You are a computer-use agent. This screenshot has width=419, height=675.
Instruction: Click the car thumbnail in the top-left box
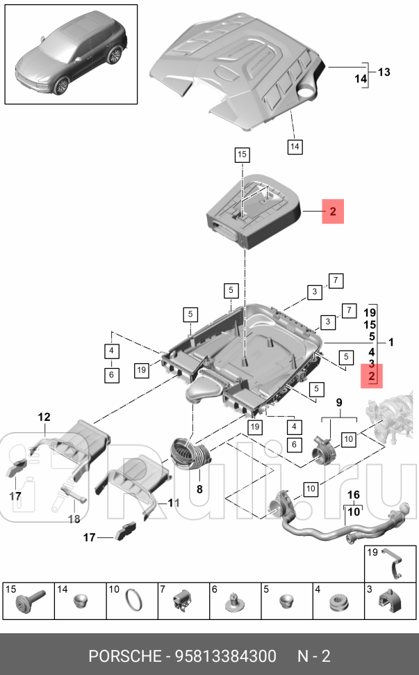(x=72, y=54)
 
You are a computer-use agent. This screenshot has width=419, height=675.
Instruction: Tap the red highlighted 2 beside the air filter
(x=333, y=212)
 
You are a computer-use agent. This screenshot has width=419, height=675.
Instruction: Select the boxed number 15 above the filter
(x=242, y=154)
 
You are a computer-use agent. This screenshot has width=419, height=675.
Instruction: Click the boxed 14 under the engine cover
(x=295, y=146)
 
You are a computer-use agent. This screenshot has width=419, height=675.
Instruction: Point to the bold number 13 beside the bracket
(x=384, y=72)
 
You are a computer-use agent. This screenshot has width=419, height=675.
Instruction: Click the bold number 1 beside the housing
(x=391, y=342)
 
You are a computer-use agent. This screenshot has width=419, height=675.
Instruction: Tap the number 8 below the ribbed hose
(x=199, y=489)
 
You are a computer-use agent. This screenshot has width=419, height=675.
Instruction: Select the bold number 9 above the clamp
(x=339, y=402)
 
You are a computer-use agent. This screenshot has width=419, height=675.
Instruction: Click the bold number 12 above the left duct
(x=44, y=417)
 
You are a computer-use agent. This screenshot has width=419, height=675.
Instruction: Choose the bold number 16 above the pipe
(x=353, y=495)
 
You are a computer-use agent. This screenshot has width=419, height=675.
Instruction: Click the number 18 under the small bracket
(x=74, y=518)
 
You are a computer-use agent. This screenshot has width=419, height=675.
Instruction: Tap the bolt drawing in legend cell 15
(x=29, y=600)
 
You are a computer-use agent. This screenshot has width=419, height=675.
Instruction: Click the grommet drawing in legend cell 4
(x=338, y=602)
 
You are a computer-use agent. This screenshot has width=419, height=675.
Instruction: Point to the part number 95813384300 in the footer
(x=225, y=656)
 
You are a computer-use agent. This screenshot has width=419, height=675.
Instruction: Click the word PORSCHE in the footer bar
(x=124, y=656)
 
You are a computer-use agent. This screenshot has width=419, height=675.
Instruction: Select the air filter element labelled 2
(x=254, y=211)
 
